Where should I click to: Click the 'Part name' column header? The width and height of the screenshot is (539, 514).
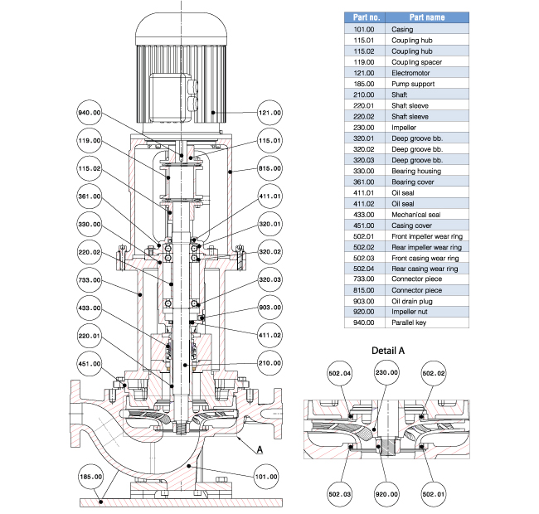[429, 17]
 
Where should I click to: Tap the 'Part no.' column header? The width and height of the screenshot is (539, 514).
[367, 17]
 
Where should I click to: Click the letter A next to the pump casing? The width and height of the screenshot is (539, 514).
[260, 449]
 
